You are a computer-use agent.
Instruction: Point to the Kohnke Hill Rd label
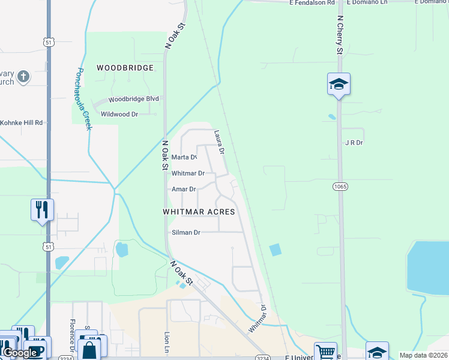(x=22, y=122)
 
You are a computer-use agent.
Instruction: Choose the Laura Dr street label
(x=219, y=143)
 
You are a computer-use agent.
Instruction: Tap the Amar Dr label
(x=184, y=189)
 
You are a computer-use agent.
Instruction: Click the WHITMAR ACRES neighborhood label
(x=198, y=212)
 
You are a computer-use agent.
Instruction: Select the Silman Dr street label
(x=185, y=232)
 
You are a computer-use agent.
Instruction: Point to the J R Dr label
(x=354, y=143)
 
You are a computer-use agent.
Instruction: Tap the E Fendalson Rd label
(x=312, y=3)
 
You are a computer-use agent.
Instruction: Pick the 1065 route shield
(x=340, y=187)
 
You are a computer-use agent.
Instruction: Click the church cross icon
(x=23, y=77)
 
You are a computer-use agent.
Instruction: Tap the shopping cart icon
(x=325, y=352)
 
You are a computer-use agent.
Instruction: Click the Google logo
(x=20, y=353)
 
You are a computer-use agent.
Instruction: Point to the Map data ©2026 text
(x=424, y=355)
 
